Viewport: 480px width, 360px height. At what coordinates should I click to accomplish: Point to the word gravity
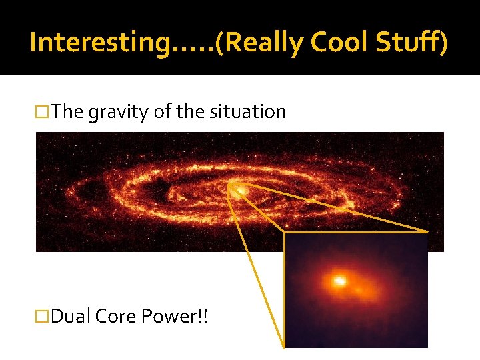pos(119,112)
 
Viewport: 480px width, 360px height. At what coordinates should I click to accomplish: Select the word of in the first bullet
pos(162,112)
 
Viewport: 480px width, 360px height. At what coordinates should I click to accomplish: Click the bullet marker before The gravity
pos(43,112)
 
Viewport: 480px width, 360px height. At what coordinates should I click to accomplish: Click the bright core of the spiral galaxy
pos(241,191)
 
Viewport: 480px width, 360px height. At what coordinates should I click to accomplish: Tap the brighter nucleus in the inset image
pos(339,281)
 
